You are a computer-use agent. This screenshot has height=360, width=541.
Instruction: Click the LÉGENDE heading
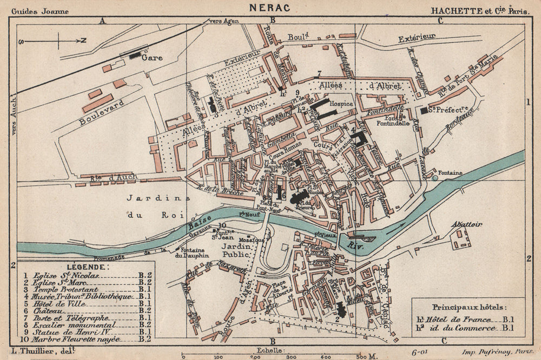click(87, 266)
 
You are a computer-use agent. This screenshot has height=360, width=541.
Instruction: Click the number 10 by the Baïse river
click(222, 225)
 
